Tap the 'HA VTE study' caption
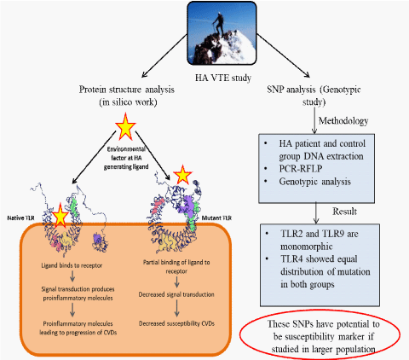click(223, 78)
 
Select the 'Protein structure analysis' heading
click(126, 90)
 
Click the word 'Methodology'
click(343, 121)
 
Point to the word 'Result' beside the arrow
click(344, 212)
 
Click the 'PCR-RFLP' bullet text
click(301, 169)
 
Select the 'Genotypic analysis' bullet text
click(314, 182)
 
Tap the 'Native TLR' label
click(20, 218)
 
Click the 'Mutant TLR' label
click(216, 218)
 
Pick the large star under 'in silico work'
click(125, 126)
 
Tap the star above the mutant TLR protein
click(182, 174)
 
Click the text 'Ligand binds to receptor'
click(72, 265)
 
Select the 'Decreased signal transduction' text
click(176, 294)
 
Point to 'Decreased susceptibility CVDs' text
click(176, 323)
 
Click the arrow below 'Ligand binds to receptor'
click(72, 276)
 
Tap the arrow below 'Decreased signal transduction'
click(176, 308)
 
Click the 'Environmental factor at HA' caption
click(126, 154)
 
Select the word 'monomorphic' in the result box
click(307, 247)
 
